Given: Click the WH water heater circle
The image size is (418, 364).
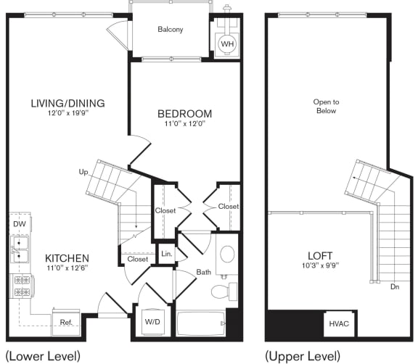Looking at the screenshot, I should (x=227, y=44).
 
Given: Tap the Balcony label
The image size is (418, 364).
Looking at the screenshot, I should (x=170, y=30).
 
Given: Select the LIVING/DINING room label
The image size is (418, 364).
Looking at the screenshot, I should (x=68, y=103).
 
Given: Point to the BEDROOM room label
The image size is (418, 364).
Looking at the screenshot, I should (x=185, y=114).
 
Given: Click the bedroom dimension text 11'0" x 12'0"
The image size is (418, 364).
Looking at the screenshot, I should (x=185, y=125).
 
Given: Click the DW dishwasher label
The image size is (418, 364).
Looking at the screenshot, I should (x=19, y=225).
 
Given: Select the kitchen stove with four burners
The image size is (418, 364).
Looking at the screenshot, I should (x=20, y=286).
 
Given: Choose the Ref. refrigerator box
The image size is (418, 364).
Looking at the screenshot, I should (x=65, y=322).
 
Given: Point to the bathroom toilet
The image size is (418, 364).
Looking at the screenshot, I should (x=221, y=291).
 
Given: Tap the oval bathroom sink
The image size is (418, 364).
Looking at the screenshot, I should (x=226, y=254).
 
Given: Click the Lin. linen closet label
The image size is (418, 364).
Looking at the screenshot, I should (x=166, y=254).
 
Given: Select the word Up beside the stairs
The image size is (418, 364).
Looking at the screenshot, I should (x=84, y=172).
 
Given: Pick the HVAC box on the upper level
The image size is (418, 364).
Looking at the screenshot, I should (x=339, y=323).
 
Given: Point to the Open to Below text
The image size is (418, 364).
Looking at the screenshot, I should (x=327, y=106).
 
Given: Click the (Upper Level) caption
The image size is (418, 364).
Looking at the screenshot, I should (x=303, y=356).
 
